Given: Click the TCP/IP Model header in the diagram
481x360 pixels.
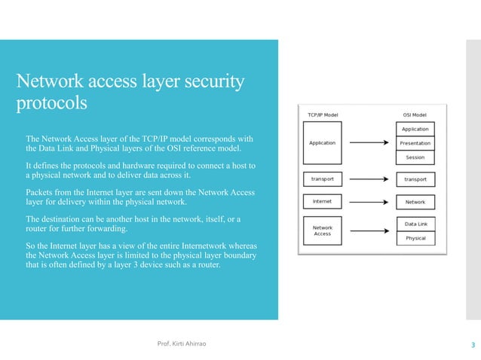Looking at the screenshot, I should click(323, 115).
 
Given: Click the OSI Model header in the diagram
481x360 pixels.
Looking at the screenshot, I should click(415, 115).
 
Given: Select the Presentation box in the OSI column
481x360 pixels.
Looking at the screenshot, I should click(415, 143).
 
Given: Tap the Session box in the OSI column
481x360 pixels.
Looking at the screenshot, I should click(415, 157).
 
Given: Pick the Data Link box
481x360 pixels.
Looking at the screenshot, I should click(415, 224).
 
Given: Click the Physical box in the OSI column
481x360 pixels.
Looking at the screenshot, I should click(415, 238).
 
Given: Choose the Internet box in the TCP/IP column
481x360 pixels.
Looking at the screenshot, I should click(323, 201).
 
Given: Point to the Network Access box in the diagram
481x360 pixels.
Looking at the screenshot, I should click(323, 230).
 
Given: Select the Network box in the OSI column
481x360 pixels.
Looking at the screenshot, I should click(415, 202).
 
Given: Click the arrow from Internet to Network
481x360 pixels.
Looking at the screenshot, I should click(369, 202).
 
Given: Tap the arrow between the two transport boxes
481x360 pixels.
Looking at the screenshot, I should click(369, 179).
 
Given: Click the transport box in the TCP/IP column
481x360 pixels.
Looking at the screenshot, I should click(323, 179).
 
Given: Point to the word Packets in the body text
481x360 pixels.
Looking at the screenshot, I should click(42, 192).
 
